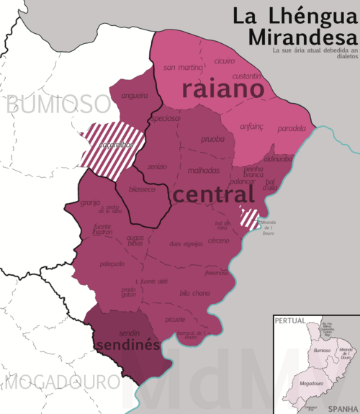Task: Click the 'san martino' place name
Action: click(x=184, y=68)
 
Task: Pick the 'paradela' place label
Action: click(x=291, y=129)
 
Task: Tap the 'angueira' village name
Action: click(x=135, y=95)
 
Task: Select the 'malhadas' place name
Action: click(x=204, y=171)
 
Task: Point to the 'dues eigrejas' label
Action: click(x=186, y=244)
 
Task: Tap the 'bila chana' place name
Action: click(x=194, y=293)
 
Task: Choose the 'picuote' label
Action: click(x=175, y=319)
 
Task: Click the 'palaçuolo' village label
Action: click(x=112, y=264)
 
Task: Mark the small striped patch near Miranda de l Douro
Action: click(x=250, y=218)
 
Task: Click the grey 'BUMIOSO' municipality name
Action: click(x=58, y=105)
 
